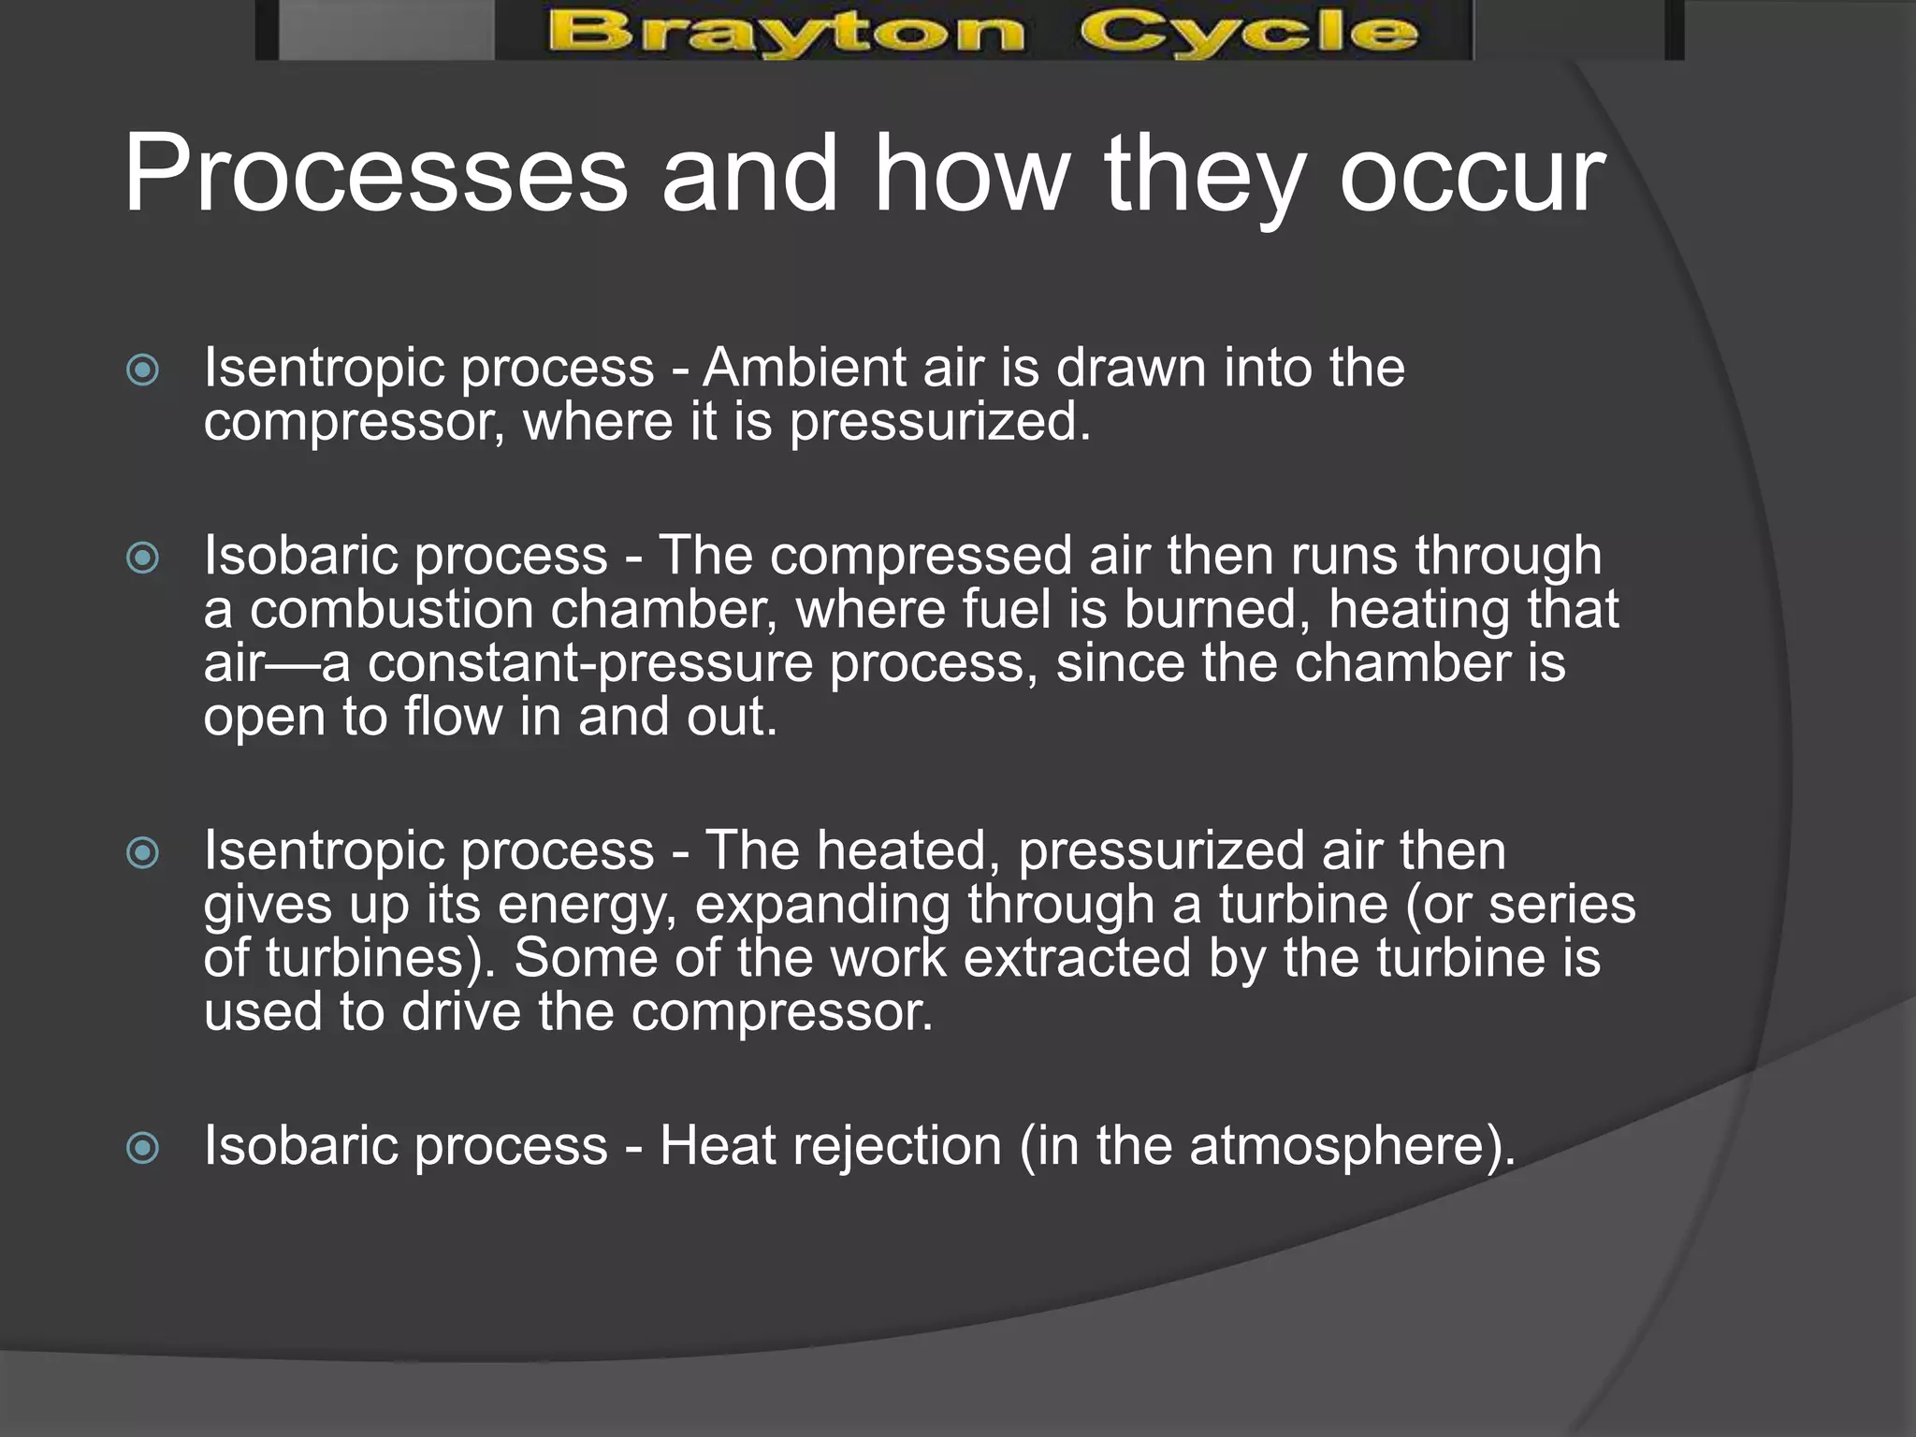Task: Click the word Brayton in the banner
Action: [x=786, y=33]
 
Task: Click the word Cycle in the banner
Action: [x=1249, y=33]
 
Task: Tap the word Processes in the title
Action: [x=376, y=175]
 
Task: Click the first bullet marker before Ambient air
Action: [x=142, y=370]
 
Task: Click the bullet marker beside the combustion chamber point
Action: [x=142, y=559]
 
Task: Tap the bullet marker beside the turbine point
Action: [x=142, y=852]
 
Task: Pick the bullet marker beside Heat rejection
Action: [x=142, y=1148]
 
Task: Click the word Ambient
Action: [x=805, y=367]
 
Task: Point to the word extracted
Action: [x=1077, y=959]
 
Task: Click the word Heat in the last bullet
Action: [x=717, y=1146]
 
